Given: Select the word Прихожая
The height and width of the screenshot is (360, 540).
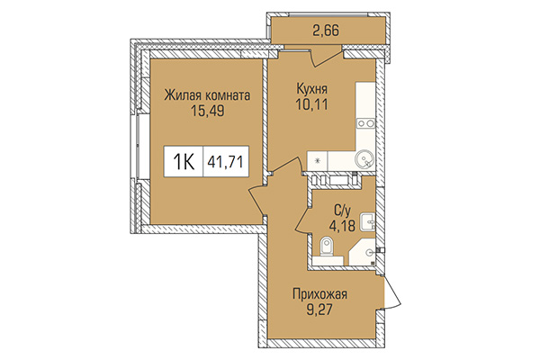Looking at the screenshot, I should tap(319, 294).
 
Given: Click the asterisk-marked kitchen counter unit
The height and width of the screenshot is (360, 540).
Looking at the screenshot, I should tap(317, 159).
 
